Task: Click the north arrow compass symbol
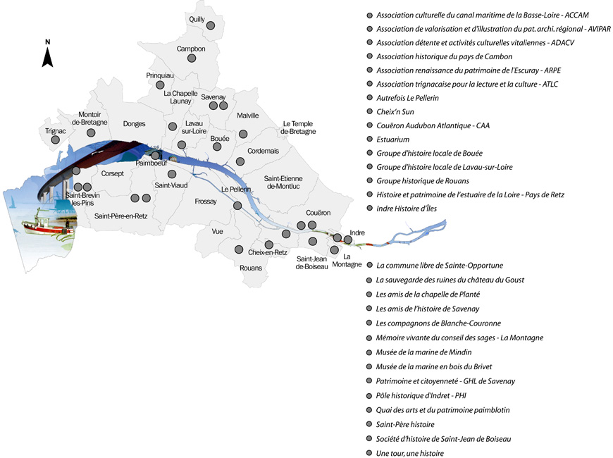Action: coord(48,54)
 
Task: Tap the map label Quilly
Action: coord(197,19)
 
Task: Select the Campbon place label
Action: coord(191,49)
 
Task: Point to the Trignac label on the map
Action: coord(55,130)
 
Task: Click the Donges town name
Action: coord(134,124)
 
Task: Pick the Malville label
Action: coord(248,116)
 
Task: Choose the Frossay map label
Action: coord(206,202)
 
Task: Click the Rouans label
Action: coord(250,268)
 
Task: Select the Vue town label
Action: coord(216,230)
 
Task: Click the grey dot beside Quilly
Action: coord(211,25)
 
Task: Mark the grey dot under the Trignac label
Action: coord(55,140)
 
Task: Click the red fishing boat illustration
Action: coord(42,226)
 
